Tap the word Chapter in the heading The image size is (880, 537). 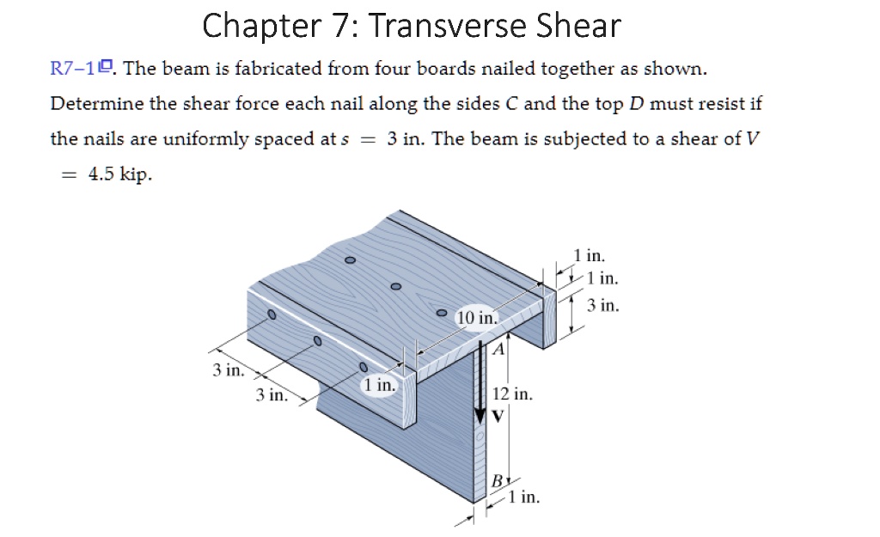click(x=261, y=27)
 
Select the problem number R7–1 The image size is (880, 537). click(x=73, y=69)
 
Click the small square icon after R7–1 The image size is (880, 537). click(x=106, y=66)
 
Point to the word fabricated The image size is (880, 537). click(x=277, y=69)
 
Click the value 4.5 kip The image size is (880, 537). click(x=120, y=174)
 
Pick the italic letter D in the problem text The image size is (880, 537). click(x=637, y=104)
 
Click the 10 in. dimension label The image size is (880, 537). click(x=477, y=318)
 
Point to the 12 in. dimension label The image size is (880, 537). click(x=512, y=394)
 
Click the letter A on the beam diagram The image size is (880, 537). click(x=498, y=350)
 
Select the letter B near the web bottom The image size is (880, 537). click(x=497, y=481)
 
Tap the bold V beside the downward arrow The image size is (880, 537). click(x=498, y=416)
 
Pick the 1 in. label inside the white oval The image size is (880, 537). click(x=379, y=385)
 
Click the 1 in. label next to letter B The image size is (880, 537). click(x=523, y=497)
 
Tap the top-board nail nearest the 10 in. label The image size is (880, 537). click(x=443, y=312)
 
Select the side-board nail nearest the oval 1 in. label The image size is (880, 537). click(x=364, y=368)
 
